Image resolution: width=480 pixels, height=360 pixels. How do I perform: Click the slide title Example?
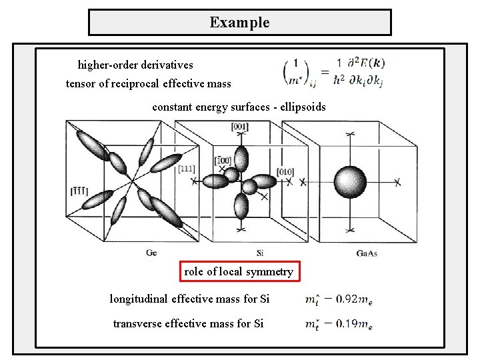tap(239, 22)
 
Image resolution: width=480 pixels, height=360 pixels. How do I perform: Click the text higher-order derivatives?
tap(135, 65)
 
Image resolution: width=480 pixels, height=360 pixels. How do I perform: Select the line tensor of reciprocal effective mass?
tap(148, 83)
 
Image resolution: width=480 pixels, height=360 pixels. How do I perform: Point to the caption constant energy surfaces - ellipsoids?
tap(239, 107)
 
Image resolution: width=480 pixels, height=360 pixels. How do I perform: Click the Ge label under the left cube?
tap(152, 253)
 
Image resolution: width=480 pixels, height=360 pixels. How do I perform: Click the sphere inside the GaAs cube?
tap(350, 180)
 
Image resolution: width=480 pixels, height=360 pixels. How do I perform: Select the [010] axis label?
tap(285, 172)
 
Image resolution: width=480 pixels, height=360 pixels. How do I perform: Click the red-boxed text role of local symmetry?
tap(239, 271)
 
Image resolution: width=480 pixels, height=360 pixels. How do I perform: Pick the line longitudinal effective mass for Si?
tap(189, 299)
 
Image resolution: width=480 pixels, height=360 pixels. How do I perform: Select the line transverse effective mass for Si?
tap(188, 323)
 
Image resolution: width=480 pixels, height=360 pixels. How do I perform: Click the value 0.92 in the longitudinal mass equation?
tap(350, 299)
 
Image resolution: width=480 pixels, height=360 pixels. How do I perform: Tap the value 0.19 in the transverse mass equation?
tap(350, 324)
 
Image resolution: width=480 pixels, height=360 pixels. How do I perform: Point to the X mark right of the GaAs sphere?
tap(397, 181)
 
